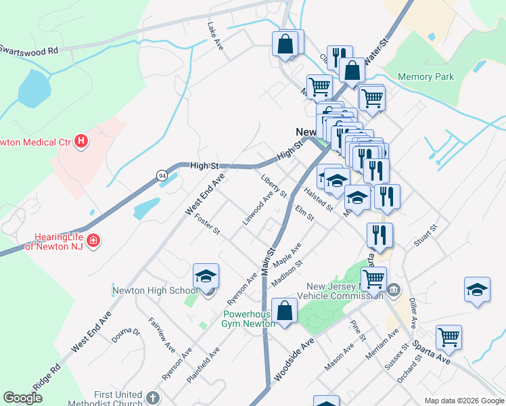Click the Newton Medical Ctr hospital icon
point(81,141)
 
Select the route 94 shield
point(162,175)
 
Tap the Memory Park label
point(425,76)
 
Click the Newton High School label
point(156,291)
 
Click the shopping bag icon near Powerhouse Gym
point(285,311)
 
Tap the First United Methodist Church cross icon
point(153,399)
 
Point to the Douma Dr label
point(126,337)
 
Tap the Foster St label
point(207,223)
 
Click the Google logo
point(23,398)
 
